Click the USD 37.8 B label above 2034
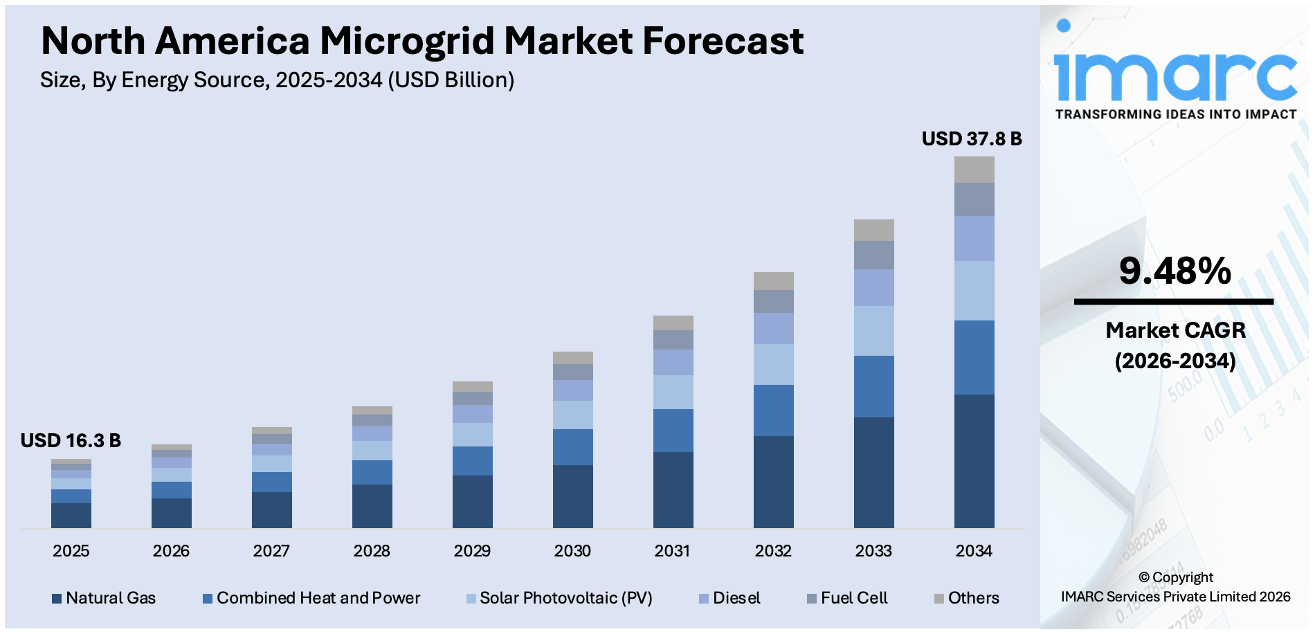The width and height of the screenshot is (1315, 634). pos(971,139)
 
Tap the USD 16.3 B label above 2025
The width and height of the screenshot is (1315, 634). pos(71,441)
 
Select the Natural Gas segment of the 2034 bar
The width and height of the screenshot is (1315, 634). pos(974,461)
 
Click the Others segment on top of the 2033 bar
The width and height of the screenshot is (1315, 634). pos(873,230)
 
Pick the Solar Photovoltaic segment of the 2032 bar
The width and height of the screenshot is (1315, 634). pos(773,364)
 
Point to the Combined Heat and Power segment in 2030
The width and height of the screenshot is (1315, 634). pos(572,447)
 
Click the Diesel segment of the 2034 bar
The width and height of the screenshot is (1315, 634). pos(974,238)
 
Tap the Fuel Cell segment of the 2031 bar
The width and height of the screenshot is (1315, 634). pos(673,340)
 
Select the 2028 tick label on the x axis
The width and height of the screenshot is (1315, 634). pos(372,551)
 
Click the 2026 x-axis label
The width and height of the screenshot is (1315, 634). pos(171,551)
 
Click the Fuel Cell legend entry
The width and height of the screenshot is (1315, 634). pos(853,598)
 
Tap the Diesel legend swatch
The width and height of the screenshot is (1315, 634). pos(704,599)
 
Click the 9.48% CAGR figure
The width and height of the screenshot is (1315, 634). pos(1175,271)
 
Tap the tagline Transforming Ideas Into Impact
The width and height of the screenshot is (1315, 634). pos(1175,115)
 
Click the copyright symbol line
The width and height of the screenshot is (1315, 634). pos(1175,577)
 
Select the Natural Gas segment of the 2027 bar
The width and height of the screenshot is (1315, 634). pos(271,510)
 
